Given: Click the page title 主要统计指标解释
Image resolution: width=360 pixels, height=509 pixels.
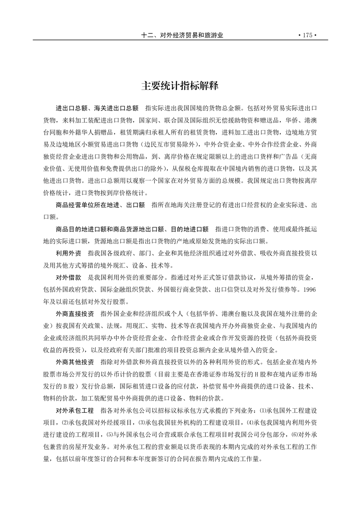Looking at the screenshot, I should (180, 86).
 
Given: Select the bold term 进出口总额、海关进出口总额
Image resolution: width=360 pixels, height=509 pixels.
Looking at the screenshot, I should (97, 109).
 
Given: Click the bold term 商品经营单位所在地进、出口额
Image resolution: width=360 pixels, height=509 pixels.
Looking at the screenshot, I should (100, 205).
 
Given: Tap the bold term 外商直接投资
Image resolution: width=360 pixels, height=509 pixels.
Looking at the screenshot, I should (75, 313).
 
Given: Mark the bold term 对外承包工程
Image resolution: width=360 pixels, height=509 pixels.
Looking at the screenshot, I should (75, 410).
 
